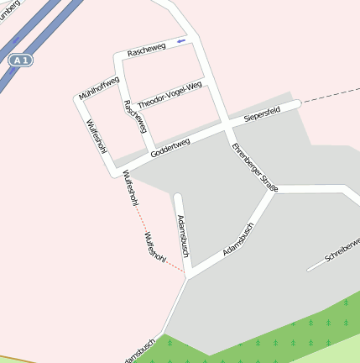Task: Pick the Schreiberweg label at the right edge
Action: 341,253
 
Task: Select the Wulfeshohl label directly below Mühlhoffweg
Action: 96,137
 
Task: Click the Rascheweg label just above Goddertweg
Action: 135,117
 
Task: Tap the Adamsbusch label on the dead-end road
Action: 183,234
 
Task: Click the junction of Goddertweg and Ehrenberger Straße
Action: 228,127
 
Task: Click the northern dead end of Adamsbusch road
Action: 177,197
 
